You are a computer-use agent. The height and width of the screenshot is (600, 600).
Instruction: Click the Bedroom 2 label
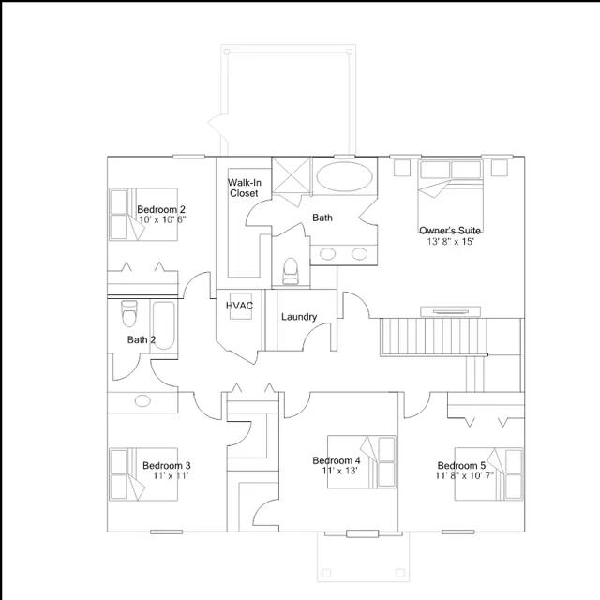click(x=161, y=209)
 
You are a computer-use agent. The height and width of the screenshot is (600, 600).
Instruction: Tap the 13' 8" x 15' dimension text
click(x=450, y=242)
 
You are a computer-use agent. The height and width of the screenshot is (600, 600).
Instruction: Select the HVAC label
click(x=239, y=306)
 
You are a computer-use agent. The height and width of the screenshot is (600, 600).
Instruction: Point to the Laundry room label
click(x=299, y=317)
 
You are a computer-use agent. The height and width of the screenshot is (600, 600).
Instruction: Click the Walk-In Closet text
click(x=245, y=187)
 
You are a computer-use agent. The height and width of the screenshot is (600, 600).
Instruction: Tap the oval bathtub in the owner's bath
click(x=345, y=176)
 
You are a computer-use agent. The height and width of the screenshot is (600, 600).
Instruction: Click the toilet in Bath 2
click(x=129, y=313)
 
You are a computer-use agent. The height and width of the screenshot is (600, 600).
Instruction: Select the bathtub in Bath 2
click(x=164, y=325)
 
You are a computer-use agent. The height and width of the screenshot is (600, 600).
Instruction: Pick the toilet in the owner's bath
click(x=290, y=271)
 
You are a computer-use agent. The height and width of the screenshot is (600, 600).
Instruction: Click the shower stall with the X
click(x=291, y=175)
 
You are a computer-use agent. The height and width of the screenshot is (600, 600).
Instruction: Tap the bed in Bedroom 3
click(x=143, y=474)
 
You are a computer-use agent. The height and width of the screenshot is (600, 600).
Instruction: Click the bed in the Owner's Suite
click(x=450, y=195)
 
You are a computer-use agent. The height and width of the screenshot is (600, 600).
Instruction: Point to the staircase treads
click(x=433, y=337)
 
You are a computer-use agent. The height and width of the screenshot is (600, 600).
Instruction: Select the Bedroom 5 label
click(x=461, y=465)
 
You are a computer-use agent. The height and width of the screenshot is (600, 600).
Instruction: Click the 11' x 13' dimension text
click(x=339, y=471)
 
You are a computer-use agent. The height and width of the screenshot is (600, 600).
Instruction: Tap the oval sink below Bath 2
click(x=142, y=400)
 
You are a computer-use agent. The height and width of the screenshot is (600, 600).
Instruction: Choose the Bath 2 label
click(x=142, y=339)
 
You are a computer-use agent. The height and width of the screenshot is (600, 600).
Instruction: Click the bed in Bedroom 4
click(x=362, y=462)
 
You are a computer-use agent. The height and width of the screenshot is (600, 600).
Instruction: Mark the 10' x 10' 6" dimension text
click(x=162, y=219)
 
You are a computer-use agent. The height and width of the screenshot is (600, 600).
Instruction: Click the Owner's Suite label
click(x=450, y=231)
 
